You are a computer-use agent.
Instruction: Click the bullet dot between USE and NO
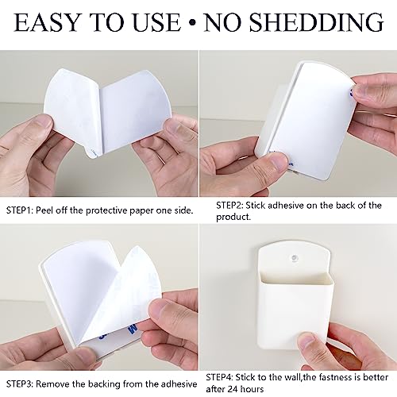(193, 23)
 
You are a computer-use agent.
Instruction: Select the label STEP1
(20, 210)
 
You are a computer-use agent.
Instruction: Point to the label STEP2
(229, 206)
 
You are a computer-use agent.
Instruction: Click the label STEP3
(20, 384)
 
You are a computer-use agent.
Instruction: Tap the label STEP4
(219, 377)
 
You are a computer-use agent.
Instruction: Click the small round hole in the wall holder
(294, 257)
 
